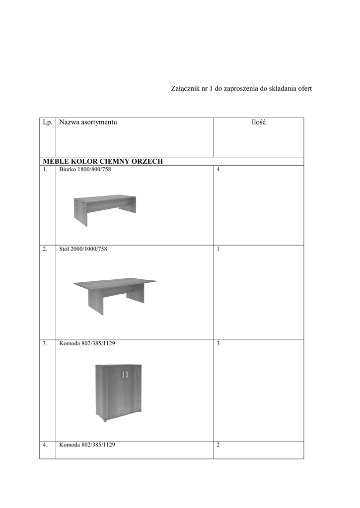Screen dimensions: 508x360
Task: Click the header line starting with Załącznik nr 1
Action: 241,88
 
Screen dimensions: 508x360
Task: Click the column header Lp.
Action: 47,122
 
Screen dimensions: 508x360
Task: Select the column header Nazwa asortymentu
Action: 88,122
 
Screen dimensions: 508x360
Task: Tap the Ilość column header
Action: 258,122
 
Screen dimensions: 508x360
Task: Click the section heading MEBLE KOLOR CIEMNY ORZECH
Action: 103,161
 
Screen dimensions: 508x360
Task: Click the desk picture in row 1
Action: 104,209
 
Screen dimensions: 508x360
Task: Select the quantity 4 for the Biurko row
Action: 218,170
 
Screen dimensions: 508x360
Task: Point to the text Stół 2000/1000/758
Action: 83,249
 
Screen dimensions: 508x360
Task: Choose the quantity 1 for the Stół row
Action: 218,249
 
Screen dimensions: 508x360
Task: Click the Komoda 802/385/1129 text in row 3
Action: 87,343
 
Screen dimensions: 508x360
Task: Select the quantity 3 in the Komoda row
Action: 218,343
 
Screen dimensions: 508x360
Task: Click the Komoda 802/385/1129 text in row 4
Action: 87,445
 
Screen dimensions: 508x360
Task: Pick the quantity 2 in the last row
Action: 218,445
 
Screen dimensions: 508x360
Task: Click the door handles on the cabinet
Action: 125,374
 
